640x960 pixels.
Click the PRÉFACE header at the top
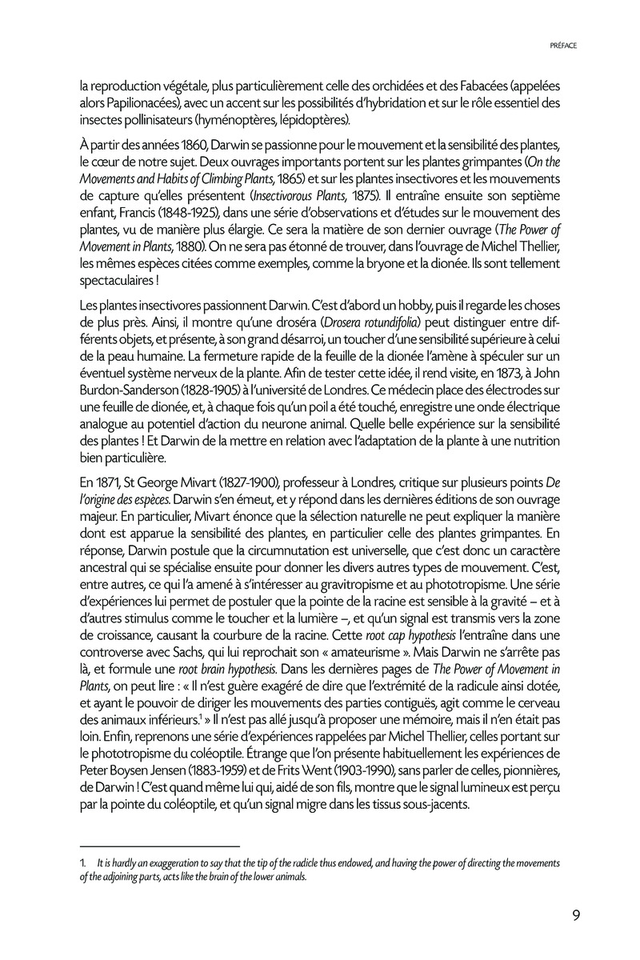[x=564, y=46]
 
